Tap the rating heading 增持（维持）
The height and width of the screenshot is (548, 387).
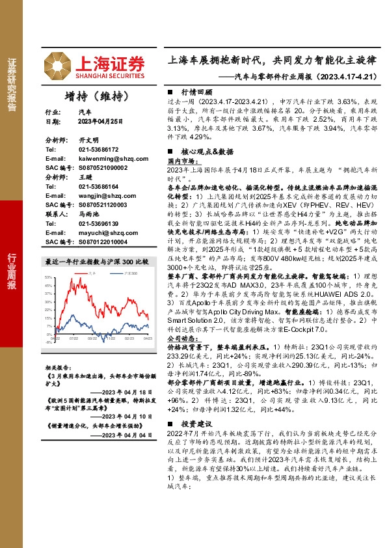[x=95, y=96]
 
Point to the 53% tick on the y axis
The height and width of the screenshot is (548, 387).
[x=48, y=277]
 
